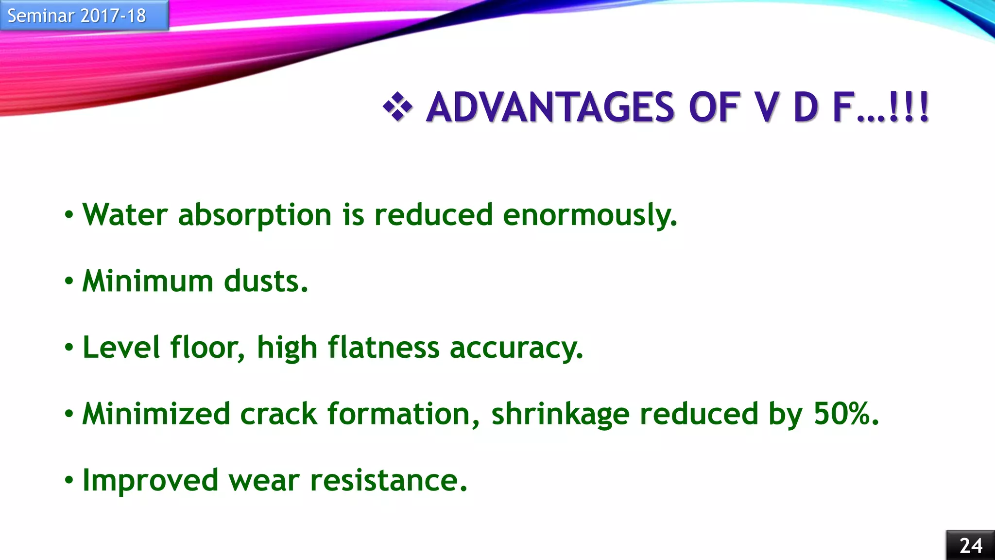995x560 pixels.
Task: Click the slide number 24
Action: [x=971, y=545]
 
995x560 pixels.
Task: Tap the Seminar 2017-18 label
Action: [x=77, y=16]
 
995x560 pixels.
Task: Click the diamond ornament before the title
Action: [x=397, y=106]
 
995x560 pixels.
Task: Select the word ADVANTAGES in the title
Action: [x=550, y=107]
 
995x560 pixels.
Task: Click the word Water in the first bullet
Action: [x=125, y=214]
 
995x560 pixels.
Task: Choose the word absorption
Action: [x=255, y=215]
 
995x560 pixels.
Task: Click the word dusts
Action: [x=266, y=281]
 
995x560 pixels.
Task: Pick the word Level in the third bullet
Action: [x=121, y=348]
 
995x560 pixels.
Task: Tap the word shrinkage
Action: [x=560, y=415]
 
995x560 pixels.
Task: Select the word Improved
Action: [x=151, y=481]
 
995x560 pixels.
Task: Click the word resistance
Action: [x=388, y=481]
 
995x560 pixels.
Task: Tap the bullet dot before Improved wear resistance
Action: [x=69, y=480]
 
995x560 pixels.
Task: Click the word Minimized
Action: [x=156, y=414]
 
